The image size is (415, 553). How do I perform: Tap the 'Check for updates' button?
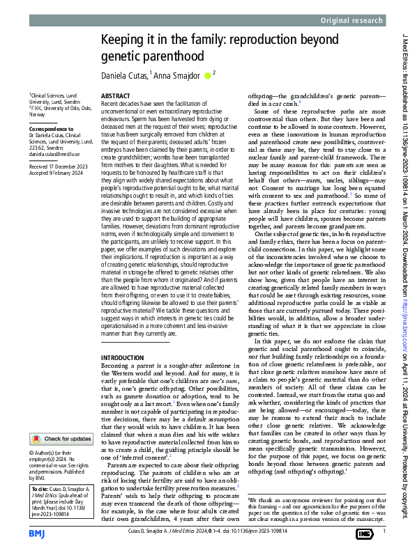61,439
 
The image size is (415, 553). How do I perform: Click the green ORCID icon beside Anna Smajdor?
207,75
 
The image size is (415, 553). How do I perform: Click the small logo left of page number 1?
363,533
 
